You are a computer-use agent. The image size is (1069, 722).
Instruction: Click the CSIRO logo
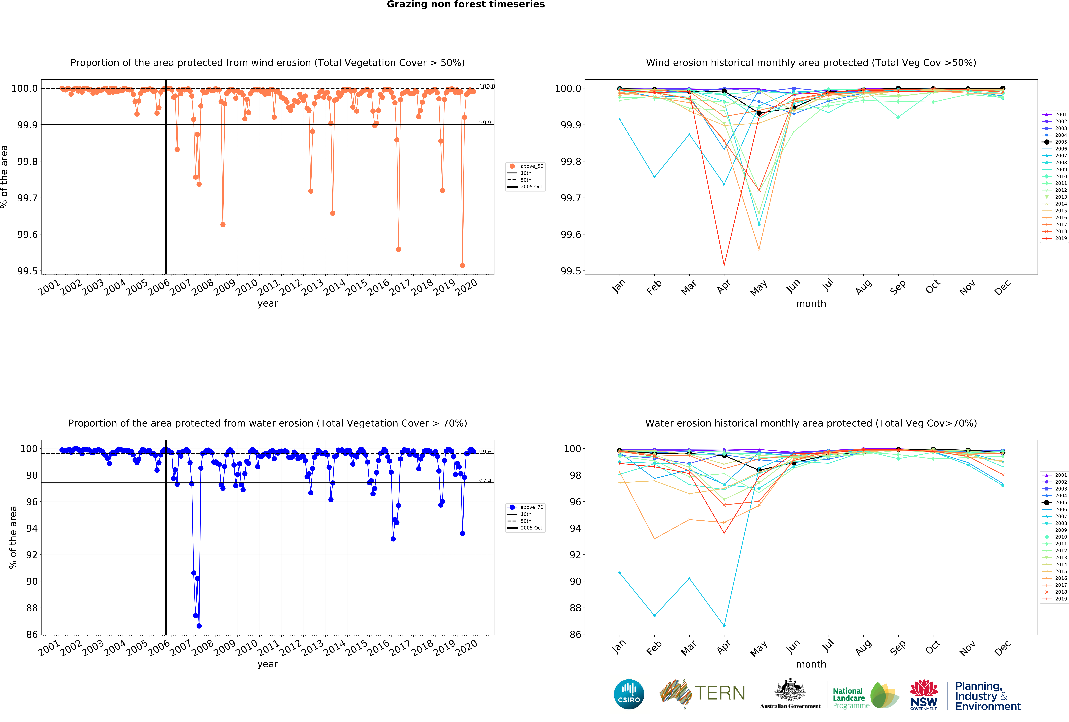click(629, 694)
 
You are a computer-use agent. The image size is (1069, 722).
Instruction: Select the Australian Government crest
click(790, 690)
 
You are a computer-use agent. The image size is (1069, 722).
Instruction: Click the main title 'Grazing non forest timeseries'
click(465, 5)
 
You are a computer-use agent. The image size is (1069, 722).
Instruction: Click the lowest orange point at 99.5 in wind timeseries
click(462, 265)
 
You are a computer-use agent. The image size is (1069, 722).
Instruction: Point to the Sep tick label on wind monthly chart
click(897, 287)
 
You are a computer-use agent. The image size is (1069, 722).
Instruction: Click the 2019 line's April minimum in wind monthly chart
click(724, 265)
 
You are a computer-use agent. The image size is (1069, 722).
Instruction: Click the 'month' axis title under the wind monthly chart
click(811, 304)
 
